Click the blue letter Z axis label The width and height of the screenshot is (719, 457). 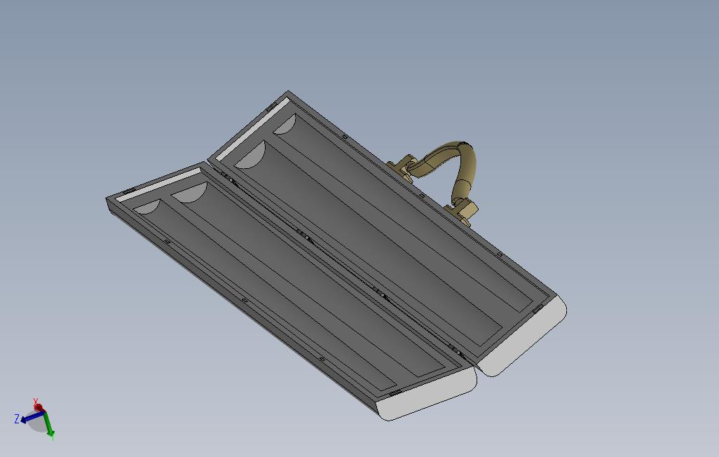(x=17, y=419)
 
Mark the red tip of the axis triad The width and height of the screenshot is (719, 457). (x=38, y=407)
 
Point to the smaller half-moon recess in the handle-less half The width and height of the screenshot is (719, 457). (x=146, y=207)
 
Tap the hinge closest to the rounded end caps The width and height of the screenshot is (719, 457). (x=456, y=349)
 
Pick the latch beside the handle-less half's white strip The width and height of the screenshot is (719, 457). (x=130, y=191)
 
